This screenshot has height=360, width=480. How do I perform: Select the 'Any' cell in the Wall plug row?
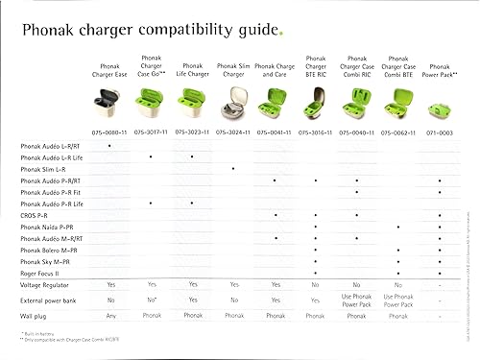(x=110, y=314)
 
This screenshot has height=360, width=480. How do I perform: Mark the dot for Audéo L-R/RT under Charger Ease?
(x=110, y=144)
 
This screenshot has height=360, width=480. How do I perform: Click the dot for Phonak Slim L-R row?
(x=233, y=168)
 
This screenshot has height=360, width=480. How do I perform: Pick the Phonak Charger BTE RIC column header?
(x=316, y=63)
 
